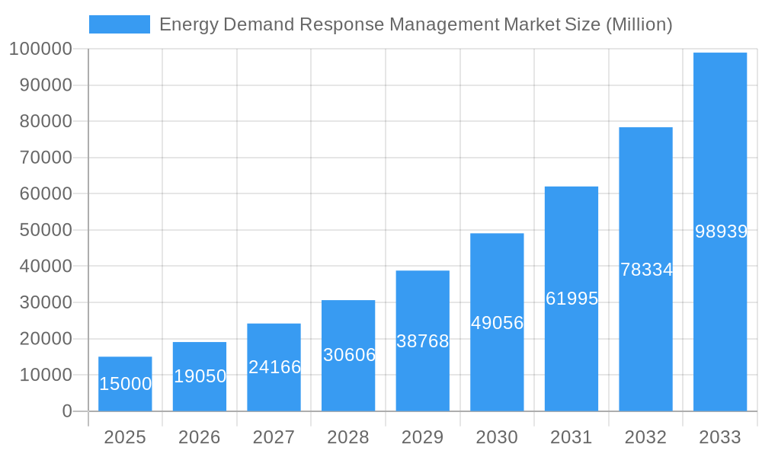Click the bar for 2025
click(x=125, y=384)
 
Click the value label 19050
click(x=200, y=376)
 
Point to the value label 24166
click(x=274, y=367)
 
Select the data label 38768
click(x=423, y=341)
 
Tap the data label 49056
click(x=497, y=323)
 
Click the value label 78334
click(x=646, y=270)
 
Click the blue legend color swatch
click(x=120, y=24)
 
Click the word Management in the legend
click(x=444, y=24)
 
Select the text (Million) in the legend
click(x=639, y=24)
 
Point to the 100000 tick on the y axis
click(x=40, y=50)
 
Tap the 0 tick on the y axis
click(x=67, y=411)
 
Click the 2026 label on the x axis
click(x=200, y=437)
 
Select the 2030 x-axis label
click(x=497, y=437)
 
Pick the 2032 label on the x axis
click(x=645, y=437)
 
